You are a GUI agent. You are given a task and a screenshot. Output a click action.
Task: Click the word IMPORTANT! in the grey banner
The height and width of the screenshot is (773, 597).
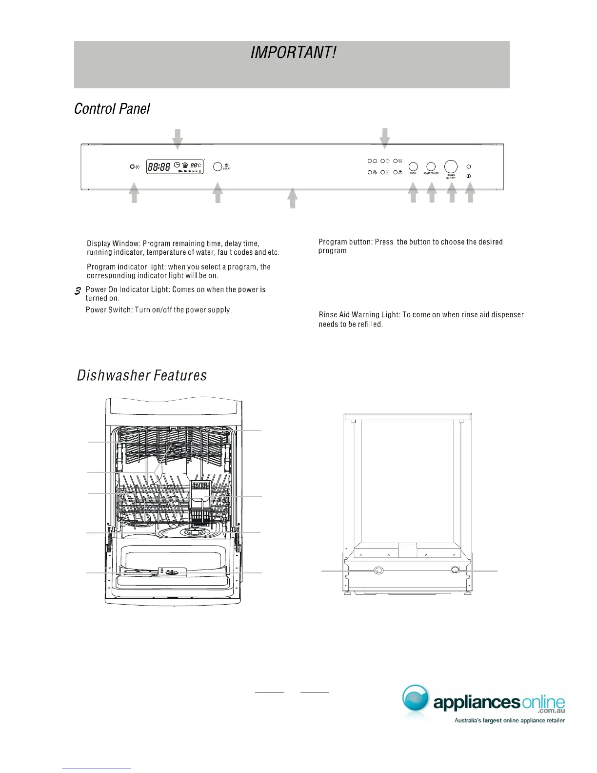(293, 53)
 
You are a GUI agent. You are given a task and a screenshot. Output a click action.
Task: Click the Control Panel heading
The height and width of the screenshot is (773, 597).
(112, 108)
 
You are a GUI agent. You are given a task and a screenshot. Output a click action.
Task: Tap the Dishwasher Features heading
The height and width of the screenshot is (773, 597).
(142, 375)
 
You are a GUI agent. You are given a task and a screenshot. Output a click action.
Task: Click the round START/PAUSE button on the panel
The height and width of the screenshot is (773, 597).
(431, 167)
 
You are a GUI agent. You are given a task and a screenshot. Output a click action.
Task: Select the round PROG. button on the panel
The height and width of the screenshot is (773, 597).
(413, 167)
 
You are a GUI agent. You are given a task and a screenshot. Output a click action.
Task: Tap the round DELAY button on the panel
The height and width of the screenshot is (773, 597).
(218, 166)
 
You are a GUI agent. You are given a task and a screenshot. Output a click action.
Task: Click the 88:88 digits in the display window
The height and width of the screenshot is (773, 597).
(159, 167)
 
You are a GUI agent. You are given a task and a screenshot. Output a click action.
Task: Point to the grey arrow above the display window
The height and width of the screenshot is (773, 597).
(178, 139)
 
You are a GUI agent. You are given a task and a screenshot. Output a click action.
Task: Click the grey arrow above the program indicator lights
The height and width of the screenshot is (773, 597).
(385, 138)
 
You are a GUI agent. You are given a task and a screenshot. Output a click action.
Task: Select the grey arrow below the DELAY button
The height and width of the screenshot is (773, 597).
(218, 193)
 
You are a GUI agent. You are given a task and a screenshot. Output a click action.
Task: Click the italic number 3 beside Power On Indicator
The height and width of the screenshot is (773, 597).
(78, 291)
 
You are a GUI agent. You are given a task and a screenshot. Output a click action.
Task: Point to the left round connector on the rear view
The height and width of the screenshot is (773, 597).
(378, 570)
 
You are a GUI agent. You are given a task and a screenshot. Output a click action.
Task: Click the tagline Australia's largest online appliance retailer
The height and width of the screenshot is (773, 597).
(509, 720)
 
